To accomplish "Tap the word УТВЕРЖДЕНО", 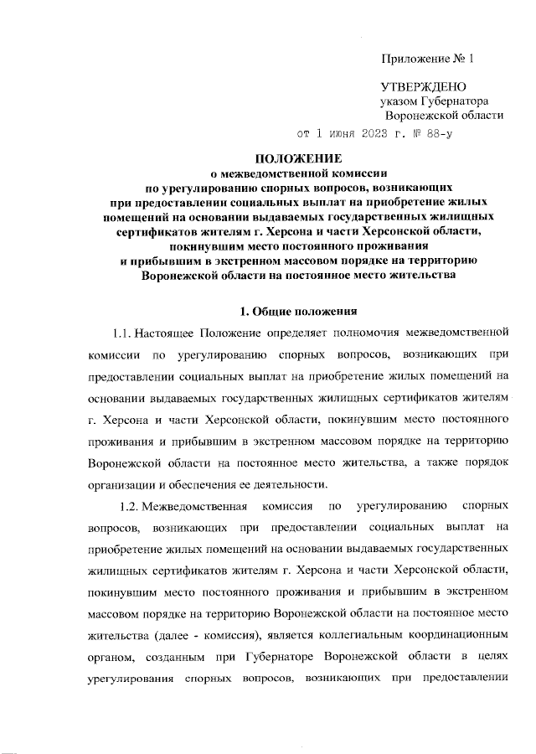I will point(424,86).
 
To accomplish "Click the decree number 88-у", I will point(440,133).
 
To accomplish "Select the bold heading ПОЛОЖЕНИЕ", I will point(298,158).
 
